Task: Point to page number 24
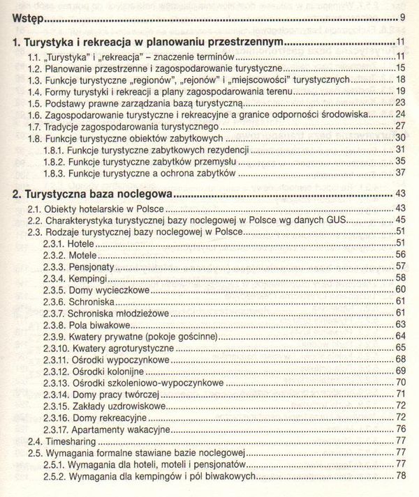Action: (400, 114)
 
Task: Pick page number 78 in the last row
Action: (400, 476)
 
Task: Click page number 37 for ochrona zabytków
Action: (400, 172)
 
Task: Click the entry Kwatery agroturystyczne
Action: (120, 347)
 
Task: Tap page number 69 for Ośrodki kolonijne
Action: (400, 370)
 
